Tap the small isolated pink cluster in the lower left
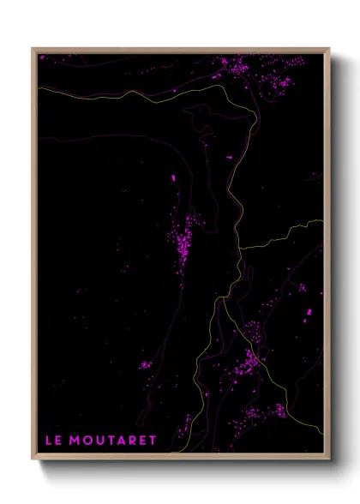click(145, 366)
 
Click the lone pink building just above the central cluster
click(172, 177)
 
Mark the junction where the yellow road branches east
click(240, 249)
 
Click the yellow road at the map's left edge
click(41, 87)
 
